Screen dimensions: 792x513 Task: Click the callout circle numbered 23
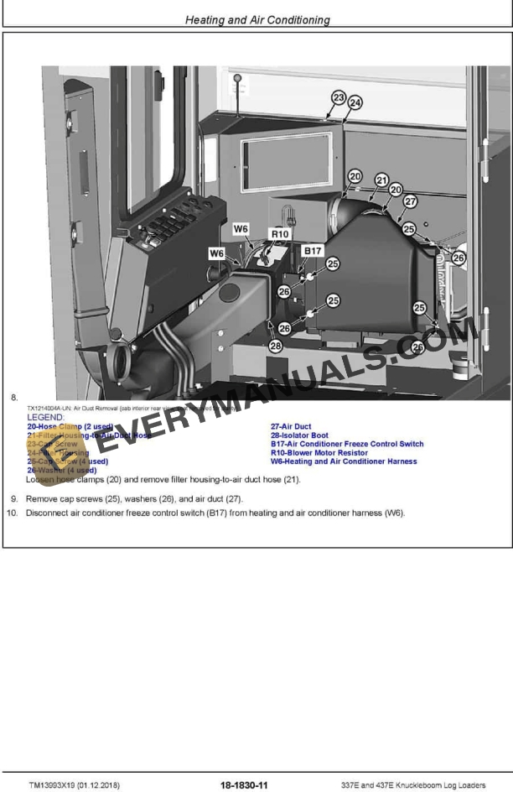point(338,97)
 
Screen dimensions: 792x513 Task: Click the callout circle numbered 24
point(355,102)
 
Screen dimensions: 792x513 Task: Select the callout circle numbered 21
point(382,180)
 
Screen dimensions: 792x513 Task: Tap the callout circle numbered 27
point(410,201)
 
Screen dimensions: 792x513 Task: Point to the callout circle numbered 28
point(276,345)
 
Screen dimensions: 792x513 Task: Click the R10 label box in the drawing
point(280,234)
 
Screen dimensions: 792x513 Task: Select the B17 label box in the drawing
point(313,250)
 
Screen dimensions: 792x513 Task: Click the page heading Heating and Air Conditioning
point(257,19)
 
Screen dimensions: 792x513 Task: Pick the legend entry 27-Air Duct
point(290,426)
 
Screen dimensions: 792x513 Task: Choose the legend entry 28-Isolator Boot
point(298,435)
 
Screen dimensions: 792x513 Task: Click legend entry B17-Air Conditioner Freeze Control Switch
point(346,444)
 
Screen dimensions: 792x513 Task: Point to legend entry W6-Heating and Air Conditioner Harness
point(343,461)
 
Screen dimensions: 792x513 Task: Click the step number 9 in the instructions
point(13,498)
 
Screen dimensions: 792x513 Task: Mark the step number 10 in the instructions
point(12,513)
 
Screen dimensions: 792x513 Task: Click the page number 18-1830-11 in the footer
point(244,784)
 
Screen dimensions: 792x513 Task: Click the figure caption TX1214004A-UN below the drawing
point(49,407)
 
